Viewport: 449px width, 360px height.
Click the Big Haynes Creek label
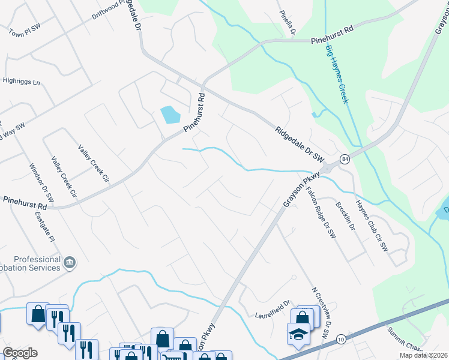(337, 74)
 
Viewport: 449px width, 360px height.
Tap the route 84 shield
(343, 158)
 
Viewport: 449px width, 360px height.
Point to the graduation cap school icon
(298, 334)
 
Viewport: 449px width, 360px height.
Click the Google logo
(20, 353)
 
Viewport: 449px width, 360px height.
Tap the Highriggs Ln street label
(21, 81)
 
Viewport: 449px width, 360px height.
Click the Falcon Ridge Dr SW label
(320, 212)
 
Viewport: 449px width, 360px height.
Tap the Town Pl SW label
(23, 31)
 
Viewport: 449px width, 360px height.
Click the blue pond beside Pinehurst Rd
(170, 114)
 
